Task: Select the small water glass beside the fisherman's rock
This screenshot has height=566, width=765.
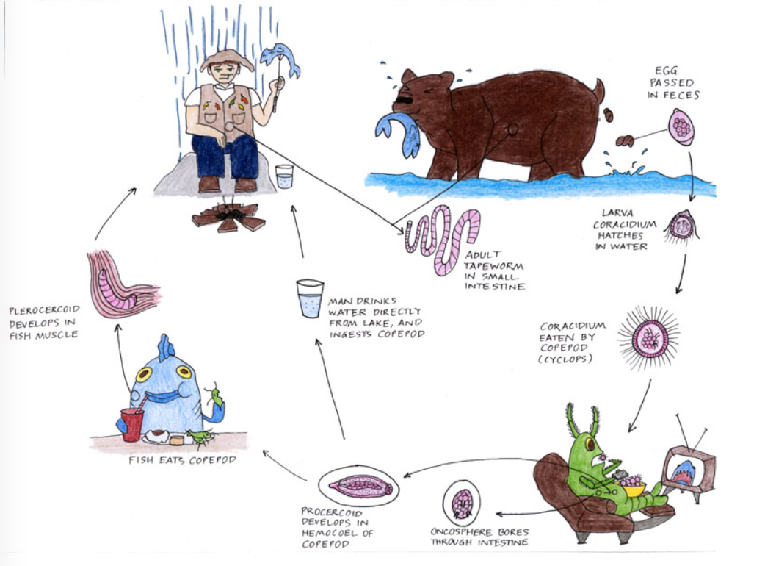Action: tap(284, 176)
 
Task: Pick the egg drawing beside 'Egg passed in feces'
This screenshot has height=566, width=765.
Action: tap(681, 126)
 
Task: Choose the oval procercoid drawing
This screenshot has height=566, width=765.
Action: tap(358, 486)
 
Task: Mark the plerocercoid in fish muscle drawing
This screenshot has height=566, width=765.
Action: tap(114, 283)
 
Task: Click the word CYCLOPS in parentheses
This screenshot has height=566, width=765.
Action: tap(568, 359)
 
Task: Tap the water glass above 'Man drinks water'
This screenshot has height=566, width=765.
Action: tap(309, 298)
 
